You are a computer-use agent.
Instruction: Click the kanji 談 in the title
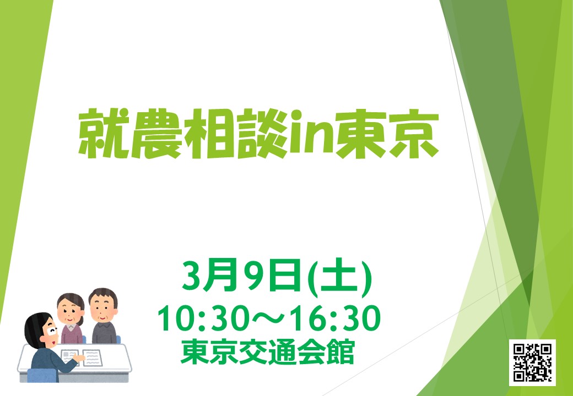click(x=262, y=134)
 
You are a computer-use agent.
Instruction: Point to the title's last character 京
click(x=413, y=134)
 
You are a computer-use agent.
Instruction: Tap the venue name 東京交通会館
click(x=268, y=352)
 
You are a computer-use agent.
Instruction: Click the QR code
click(x=532, y=362)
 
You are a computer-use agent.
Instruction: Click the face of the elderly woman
click(x=70, y=312)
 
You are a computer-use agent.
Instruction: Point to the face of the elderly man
click(x=104, y=309)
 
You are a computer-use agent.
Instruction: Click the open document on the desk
click(x=82, y=358)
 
